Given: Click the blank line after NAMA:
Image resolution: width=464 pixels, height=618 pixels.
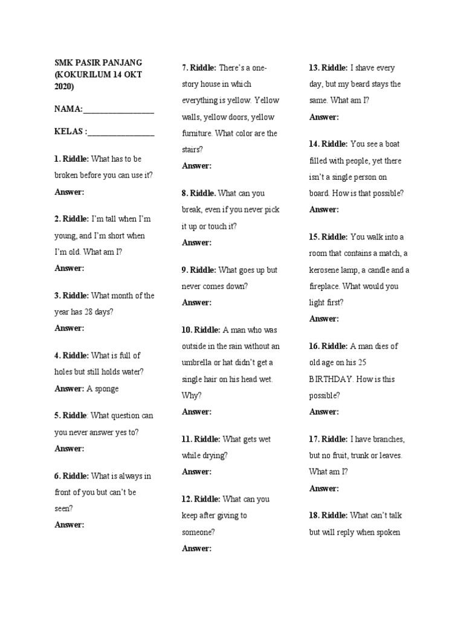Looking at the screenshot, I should pyautogui.click(x=118, y=113).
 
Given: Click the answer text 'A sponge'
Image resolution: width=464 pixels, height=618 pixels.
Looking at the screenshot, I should pyautogui.click(x=103, y=389).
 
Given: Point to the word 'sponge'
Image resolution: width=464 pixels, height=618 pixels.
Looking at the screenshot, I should pyautogui.click(x=106, y=389).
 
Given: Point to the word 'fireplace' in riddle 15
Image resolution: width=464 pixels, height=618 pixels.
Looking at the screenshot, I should pyautogui.click(x=326, y=286).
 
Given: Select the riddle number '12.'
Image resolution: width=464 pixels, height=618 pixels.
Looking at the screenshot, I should pyautogui.click(x=187, y=499).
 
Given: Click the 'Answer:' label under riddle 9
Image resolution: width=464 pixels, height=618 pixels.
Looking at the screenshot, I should pyautogui.click(x=196, y=302).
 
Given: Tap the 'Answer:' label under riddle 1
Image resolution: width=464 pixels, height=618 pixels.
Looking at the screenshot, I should pyautogui.click(x=69, y=192).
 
